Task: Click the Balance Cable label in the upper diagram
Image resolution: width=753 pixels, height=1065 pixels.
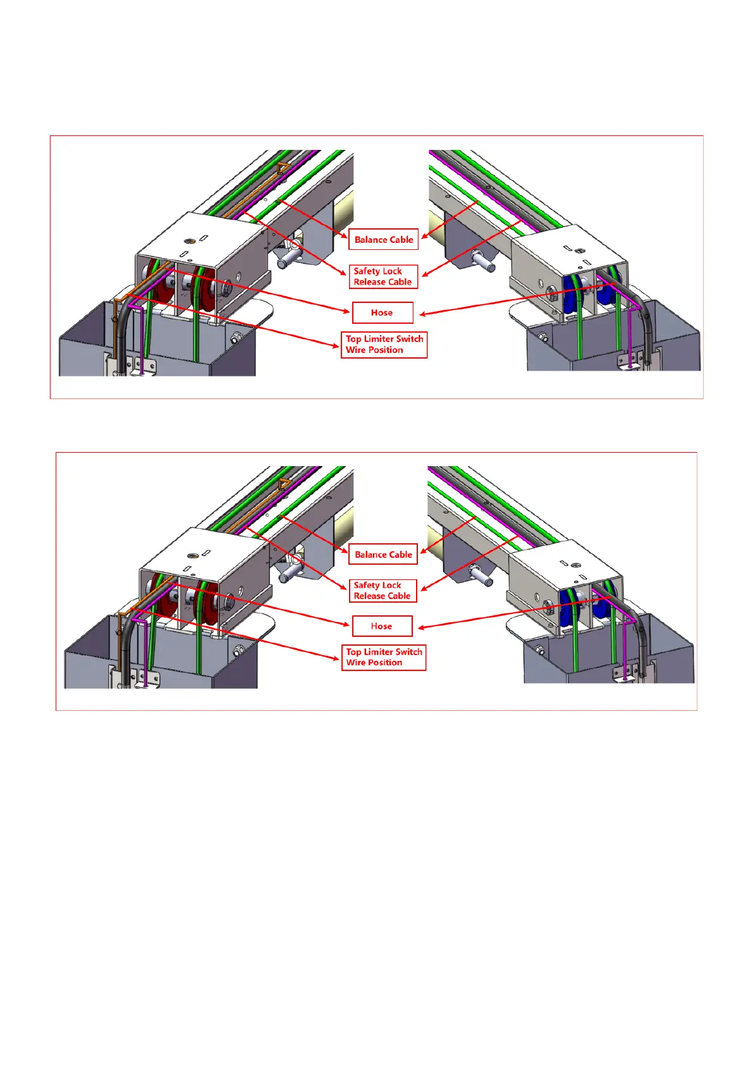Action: click(x=383, y=240)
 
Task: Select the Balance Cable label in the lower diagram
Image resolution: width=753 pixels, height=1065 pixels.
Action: click(x=383, y=555)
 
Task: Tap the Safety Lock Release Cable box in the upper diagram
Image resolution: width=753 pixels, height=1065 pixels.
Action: click(x=383, y=276)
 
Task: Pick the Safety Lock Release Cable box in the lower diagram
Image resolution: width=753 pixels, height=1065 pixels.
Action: click(x=383, y=591)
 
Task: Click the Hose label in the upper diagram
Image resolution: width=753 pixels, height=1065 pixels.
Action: click(x=382, y=312)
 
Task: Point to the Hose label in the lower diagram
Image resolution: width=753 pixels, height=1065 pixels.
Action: click(x=382, y=626)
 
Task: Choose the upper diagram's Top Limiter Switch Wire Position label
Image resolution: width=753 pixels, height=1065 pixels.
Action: click(x=384, y=345)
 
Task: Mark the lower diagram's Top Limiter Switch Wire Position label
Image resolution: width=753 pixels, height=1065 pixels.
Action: click(x=384, y=657)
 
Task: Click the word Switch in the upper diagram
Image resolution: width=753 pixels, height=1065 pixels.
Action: click(x=410, y=339)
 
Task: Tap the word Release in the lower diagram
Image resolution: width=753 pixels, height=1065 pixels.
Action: click(x=369, y=596)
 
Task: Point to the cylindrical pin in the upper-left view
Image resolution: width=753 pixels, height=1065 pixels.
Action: click(x=288, y=256)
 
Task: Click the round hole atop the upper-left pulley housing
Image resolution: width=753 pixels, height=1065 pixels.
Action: click(x=189, y=241)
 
